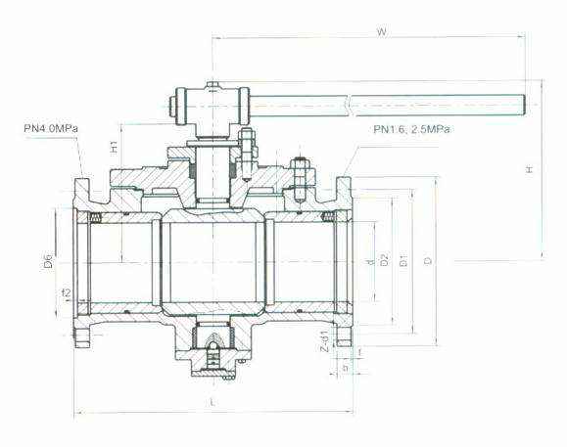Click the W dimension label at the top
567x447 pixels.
(382, 32)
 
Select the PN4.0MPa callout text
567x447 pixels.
(51, 128)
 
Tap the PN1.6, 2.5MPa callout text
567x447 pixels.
(411, 129)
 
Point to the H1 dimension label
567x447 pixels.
(115, 147)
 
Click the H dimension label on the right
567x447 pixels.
(530, 169)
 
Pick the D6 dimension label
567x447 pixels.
(49, 261)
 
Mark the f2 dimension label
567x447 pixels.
(67, 293)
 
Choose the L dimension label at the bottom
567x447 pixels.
(213, 402)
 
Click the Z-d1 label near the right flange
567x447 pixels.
(325, 340)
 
